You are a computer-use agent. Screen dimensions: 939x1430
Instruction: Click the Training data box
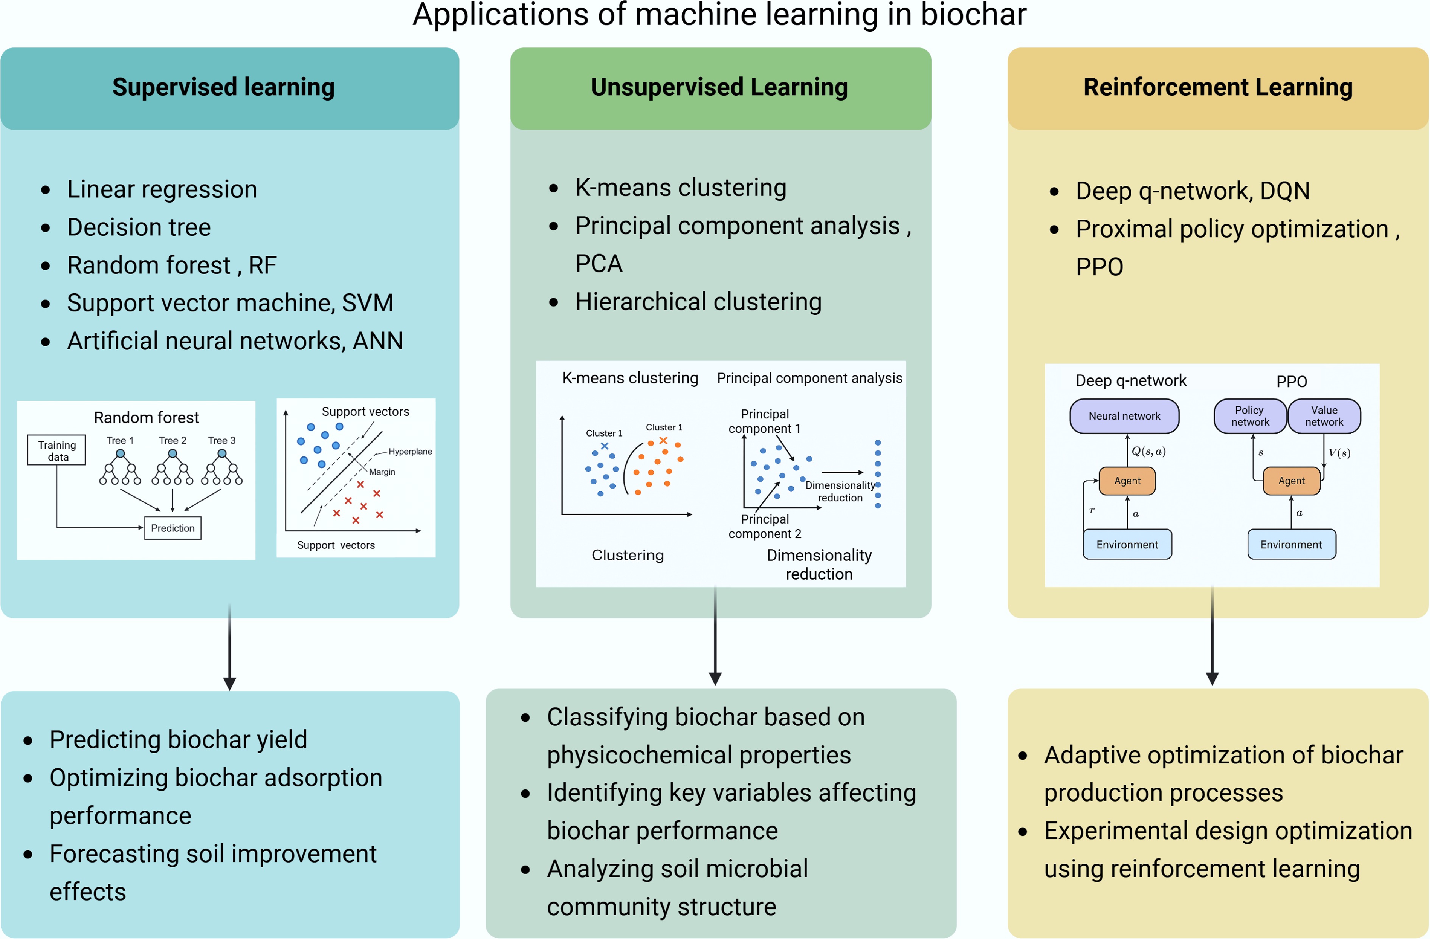click(x=57, y=450)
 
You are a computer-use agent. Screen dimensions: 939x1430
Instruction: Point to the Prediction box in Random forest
click(x=173, y=528)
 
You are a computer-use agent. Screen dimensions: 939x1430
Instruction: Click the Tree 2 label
click(x=173, y=440)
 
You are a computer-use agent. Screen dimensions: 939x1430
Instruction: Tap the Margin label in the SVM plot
click(x=382, y=472)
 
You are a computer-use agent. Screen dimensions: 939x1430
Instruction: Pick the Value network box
click(x=1324, y=416)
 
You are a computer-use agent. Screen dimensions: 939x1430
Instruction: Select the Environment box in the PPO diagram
click(x=1291, y=544)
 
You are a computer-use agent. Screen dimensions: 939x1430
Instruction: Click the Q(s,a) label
click(x=1148, y=451)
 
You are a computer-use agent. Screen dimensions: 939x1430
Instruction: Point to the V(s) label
click(x=1339, y=453)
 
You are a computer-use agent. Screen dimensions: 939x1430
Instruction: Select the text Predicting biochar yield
click(x=178, y=740)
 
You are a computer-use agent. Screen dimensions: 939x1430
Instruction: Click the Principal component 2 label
click(x=764, y=526)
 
